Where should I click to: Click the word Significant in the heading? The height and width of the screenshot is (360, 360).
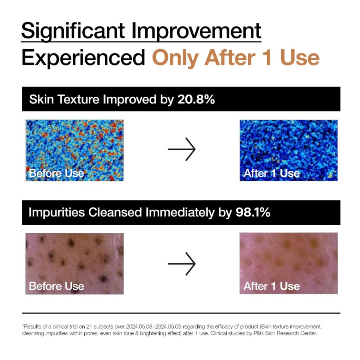(73, 31)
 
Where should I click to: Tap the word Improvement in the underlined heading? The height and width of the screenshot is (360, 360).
(196, 31)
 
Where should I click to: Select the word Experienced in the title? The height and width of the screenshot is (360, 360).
(83, 58)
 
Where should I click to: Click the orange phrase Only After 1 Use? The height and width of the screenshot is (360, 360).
(236, 58)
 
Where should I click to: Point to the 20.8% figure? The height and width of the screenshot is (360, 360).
(196, 99)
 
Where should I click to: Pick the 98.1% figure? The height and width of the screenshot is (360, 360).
(253, 212)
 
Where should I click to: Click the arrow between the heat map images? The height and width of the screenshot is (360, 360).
(182, 149)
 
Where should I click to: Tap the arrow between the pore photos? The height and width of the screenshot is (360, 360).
(182, 264)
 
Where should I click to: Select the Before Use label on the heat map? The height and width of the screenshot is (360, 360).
(57, 173)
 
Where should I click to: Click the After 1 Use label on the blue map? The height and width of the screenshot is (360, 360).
(272, 173)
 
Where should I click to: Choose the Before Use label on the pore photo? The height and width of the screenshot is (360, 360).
(57, 286)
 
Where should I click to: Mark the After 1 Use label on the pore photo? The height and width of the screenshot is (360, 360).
(272, 286)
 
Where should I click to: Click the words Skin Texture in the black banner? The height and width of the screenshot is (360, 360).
(64, 99)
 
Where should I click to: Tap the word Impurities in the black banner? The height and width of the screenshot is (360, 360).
(57, 212)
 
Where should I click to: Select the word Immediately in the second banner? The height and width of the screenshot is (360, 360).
(180, 212)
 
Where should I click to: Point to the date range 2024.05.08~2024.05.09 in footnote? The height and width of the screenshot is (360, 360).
(154, 327)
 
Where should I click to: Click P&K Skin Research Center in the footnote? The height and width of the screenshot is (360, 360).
(285, 333)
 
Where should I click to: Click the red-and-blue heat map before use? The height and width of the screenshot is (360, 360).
(75, 150)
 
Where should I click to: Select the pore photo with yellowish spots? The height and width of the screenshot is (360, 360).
(289, 263)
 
